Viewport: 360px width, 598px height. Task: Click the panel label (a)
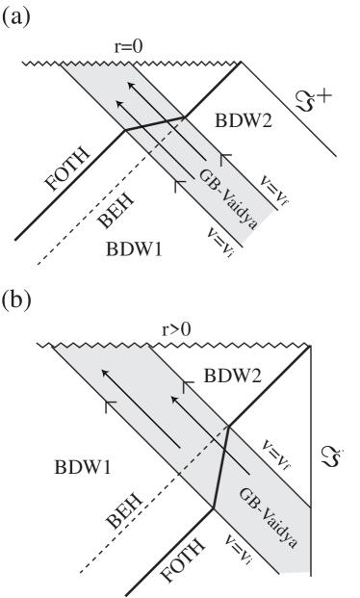pos(18,16)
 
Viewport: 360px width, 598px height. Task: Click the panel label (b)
pos(19,300)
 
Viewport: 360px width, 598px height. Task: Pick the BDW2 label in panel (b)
pos(234,375)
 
